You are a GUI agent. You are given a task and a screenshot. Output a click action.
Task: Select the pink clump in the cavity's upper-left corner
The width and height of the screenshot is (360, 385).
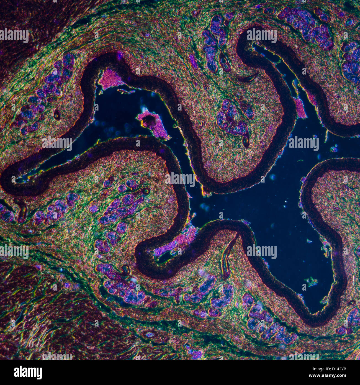point(111,79)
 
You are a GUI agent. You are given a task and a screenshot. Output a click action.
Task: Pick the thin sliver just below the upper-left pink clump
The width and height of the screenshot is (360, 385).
point(125,91)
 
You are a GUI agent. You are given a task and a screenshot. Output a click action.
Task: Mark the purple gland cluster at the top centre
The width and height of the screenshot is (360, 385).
point(215,42)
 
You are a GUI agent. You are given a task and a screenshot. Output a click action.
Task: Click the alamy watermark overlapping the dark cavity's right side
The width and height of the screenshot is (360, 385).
point(303,143)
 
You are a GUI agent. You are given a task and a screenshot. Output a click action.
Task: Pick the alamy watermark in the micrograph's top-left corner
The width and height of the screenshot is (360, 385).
point(14,35)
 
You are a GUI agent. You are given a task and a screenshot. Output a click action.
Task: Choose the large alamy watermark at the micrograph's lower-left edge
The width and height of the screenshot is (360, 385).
point(14,251)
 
